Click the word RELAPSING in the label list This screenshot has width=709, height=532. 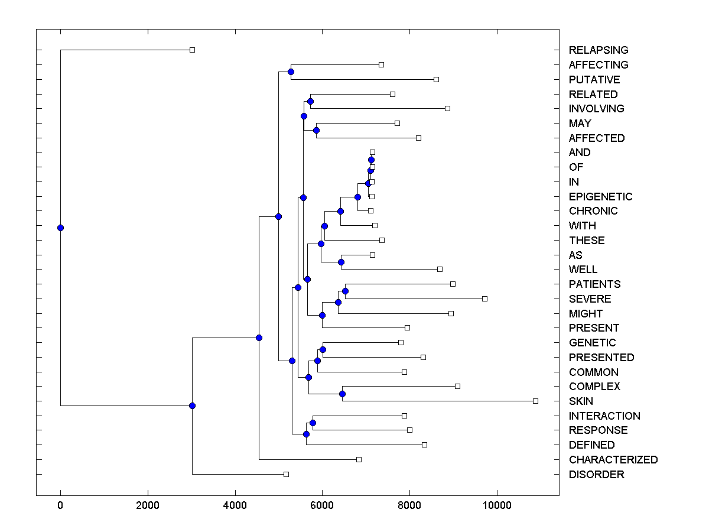click(599, 50)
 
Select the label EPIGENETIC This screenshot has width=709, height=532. click(600, 197)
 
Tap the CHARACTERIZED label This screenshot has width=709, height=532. click(613, 460)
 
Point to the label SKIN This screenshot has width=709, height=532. click(581, 401)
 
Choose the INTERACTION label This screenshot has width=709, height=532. click(604, 416)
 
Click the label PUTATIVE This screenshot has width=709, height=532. click(594, 80)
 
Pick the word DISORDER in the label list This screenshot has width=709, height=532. click(596, 475)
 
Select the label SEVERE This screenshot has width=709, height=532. click(590, 299)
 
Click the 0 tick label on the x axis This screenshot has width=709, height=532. click(60, 506)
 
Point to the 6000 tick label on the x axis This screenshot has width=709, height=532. click(322, 506)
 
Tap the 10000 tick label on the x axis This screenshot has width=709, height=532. click(497, 506)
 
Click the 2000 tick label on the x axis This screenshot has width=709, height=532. click(148, 506)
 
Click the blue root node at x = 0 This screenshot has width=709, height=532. click(60, 228)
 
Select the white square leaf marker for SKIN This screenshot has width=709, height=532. click(535, 401)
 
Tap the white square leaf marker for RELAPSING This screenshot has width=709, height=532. click(192, 50)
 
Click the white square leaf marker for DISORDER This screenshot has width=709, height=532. click(286, 474)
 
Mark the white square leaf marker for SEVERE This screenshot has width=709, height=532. click(484, 299)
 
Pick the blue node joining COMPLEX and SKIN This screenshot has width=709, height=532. click(342, 394)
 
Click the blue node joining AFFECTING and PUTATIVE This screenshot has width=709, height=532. click(291, 72)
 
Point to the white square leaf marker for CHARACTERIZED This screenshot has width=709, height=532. click(359, 459)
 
